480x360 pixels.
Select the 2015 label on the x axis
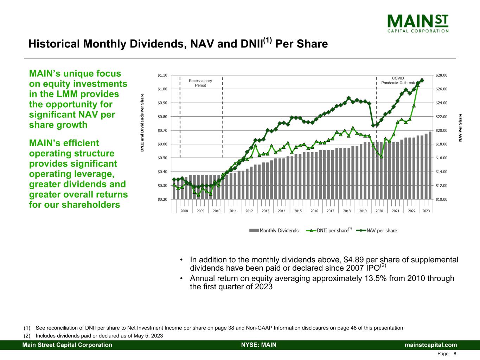298,211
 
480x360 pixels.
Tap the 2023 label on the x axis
426,211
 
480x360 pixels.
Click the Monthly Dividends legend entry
274,231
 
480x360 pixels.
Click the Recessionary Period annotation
200,83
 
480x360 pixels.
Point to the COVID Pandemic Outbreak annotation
398,81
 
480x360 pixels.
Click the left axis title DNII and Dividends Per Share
142,122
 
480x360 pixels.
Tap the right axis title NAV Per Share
460,128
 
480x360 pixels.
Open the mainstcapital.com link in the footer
431,345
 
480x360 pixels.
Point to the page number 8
455,354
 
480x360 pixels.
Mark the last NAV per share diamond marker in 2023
422,80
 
